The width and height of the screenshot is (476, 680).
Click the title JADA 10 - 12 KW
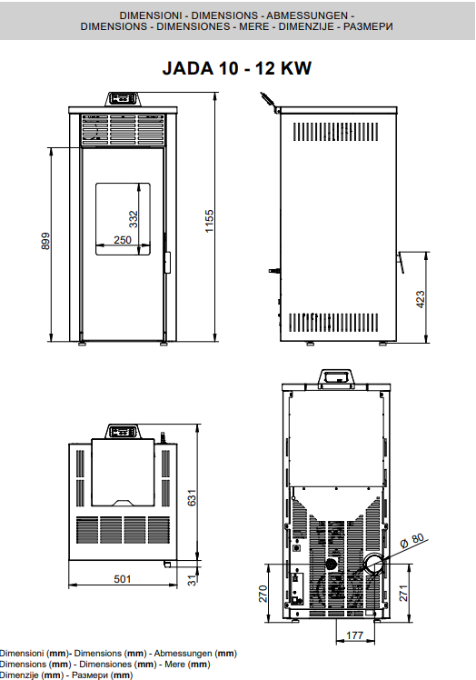coord(237,68)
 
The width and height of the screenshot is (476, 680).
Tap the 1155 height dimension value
coord(210,221)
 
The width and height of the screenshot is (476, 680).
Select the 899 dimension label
coord(45,241)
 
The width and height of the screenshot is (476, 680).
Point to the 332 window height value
coord(134,219)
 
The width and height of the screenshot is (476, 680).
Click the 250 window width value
coord(123,240)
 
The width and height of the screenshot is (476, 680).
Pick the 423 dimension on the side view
coord(420,299)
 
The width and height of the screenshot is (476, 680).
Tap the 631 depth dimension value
coord(192,498)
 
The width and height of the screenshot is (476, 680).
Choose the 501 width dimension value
coord(123,579)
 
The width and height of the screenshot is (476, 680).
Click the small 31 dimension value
coord(192,580)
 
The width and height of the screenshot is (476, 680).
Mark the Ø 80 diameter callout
coord(412,540)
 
